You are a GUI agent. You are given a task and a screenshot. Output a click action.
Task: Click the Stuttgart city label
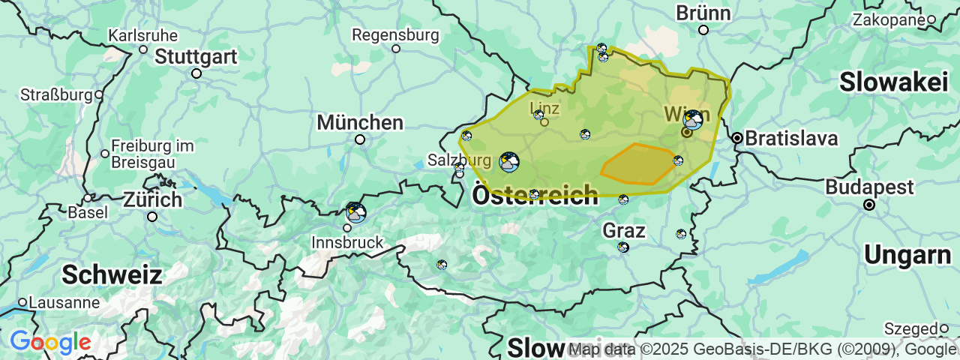click(x=196, y=57)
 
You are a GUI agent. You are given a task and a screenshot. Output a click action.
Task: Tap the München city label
click(x=360, y=122)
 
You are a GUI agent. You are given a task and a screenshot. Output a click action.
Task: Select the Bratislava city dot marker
click(x=738, y=138)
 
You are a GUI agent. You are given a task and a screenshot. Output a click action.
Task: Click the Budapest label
click(x=870, y=187)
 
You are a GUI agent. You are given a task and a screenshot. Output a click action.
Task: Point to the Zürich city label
click(x=152, y=201)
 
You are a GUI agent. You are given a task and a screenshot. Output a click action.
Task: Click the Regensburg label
click(x=395, y=34)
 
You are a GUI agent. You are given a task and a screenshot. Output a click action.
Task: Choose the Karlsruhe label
click(x=142, y=35)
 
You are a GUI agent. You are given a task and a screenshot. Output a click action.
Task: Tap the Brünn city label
click(x=703, y=13)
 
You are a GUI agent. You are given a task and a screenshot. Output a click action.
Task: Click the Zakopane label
click(x=889, y=20)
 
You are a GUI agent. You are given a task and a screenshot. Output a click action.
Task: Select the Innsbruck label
click(x=347, y=242)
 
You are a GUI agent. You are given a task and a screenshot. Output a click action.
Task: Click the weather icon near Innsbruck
click(x=356, y=213)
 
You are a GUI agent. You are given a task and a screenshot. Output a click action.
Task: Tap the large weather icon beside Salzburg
click(x=509, y=162)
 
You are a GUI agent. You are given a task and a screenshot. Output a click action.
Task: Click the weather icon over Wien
click(x=693, y=120)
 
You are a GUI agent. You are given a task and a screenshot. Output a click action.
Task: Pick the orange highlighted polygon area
click(x=638, y=164)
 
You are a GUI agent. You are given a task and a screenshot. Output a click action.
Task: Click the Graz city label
click(x=624, y=230)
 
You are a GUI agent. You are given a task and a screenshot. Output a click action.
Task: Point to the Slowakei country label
click(x=893, y=82)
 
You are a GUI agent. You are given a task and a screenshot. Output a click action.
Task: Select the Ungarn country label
click(x=907, y=255)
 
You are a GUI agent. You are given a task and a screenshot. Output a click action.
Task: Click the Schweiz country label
click(x=112, y=274)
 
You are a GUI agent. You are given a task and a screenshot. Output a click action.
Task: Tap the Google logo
click(x=50, y=343)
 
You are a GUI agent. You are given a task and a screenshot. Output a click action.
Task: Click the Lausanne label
click(x=64, y=303)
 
